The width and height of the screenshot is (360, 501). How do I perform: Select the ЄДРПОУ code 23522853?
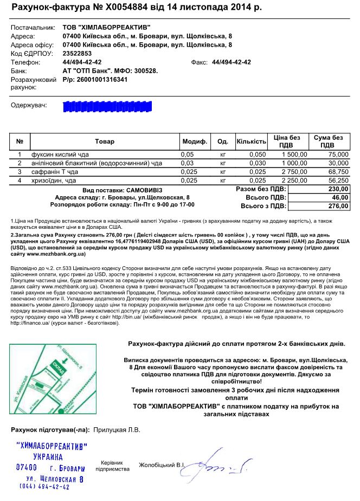[78, 54]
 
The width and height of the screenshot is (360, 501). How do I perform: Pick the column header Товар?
[105, 142]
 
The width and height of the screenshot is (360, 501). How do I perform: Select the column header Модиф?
[195, 142]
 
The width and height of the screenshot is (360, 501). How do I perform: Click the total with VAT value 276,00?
[339, 206]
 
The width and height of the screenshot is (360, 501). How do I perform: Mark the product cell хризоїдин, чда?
[54, 180]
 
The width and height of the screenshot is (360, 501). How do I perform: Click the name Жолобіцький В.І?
[162, 465]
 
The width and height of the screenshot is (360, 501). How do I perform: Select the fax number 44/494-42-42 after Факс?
[232, 62]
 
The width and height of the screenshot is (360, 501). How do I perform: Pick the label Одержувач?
[29, 104]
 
